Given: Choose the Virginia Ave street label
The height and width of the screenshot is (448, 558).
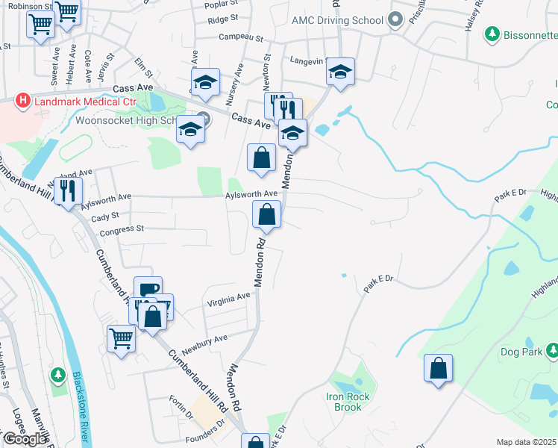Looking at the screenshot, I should pos(228,299).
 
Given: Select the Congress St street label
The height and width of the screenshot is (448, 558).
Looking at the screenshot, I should pos(121,229).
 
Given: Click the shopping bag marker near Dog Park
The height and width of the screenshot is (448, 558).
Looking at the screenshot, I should pos(438,368).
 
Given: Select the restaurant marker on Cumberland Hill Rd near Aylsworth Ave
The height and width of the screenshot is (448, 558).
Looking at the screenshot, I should pos(68,190).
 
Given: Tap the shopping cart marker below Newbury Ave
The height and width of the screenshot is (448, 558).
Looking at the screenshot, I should pos(121,338).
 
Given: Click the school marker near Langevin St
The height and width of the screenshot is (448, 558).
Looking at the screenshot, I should pos(340,72).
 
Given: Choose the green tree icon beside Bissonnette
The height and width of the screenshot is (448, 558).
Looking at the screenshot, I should pos(492,34).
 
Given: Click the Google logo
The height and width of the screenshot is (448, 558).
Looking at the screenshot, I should pos(25,439).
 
